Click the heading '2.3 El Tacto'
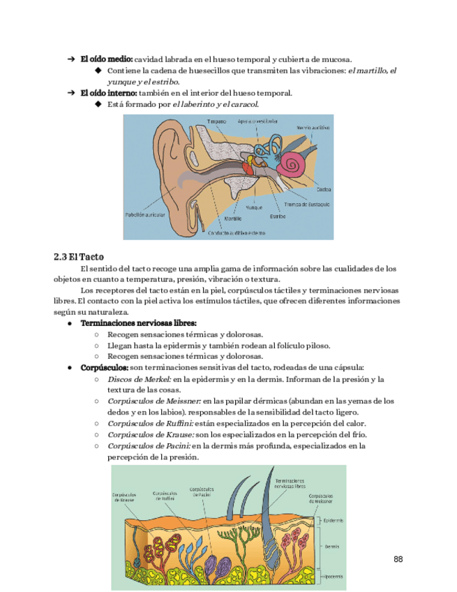[78, 256]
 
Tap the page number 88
[398, 559]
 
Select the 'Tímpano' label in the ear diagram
[216, 121]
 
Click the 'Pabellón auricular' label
[146, 215]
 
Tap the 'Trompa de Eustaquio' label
[307, 205]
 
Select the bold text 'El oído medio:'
[106, 59]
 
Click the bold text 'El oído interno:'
[108, 93]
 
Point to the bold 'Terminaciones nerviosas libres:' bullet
[139, 324]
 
